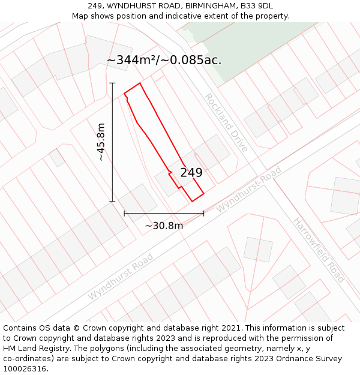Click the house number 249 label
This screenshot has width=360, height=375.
click(x=191, y=173)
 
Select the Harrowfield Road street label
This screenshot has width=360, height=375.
click(x=319, y=250)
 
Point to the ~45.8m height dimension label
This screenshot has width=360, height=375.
click(x=101, y=142)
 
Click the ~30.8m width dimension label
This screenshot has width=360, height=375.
click(x=164, y=226)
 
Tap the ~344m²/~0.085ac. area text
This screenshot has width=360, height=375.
click(x=164, y=60)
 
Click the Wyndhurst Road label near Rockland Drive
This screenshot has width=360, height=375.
click(x=248, y=189)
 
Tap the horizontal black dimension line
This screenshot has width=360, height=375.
click(x=164, y=213)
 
